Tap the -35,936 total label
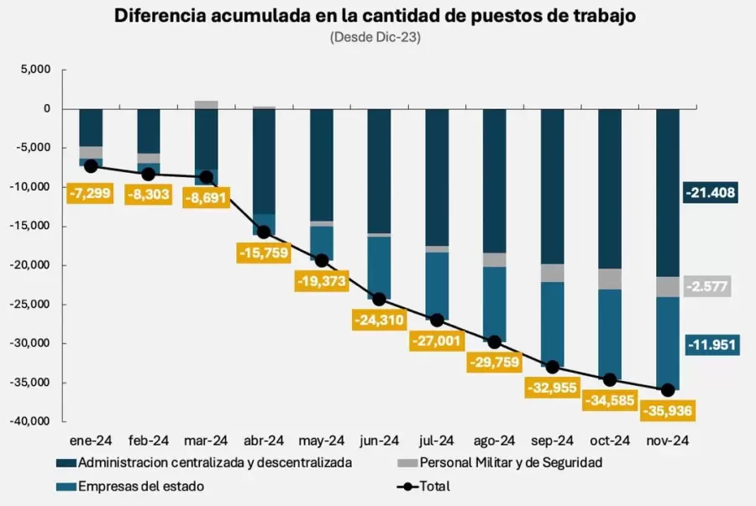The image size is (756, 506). pyautogui.click(x=669, y=412)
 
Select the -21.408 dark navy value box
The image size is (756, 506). pyautogui.click(x=710, y=193)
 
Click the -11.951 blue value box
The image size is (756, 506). pyautogui.click(x=710, y=345)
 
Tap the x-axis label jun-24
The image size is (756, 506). pyautogui.click(x=380, y=441)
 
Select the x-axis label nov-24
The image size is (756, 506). pyautogui.click(x=668, y=441)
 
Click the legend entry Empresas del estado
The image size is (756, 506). pyautogui.click(x=140, y=486)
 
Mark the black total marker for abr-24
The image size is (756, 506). pyautogui.click(x=265, y=232)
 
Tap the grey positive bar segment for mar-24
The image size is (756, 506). pyautogui.click(x=207, y=105)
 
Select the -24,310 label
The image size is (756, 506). pyautogui.click(x=380, y=319)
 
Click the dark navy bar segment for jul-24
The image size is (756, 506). pyautogui.click(x=437, y=176)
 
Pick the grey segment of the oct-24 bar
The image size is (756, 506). pyautogui.click(x=610, y=279)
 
